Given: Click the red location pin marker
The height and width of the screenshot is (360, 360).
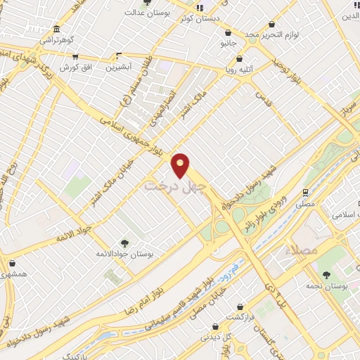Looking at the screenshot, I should (x=181, y=165).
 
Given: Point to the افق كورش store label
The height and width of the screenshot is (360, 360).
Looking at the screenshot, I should (x=72, y=67).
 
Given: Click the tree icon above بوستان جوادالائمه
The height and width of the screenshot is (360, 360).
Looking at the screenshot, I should (x=125, y=242).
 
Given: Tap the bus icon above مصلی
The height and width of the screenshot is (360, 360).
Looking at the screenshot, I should (x=305, y=192).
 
